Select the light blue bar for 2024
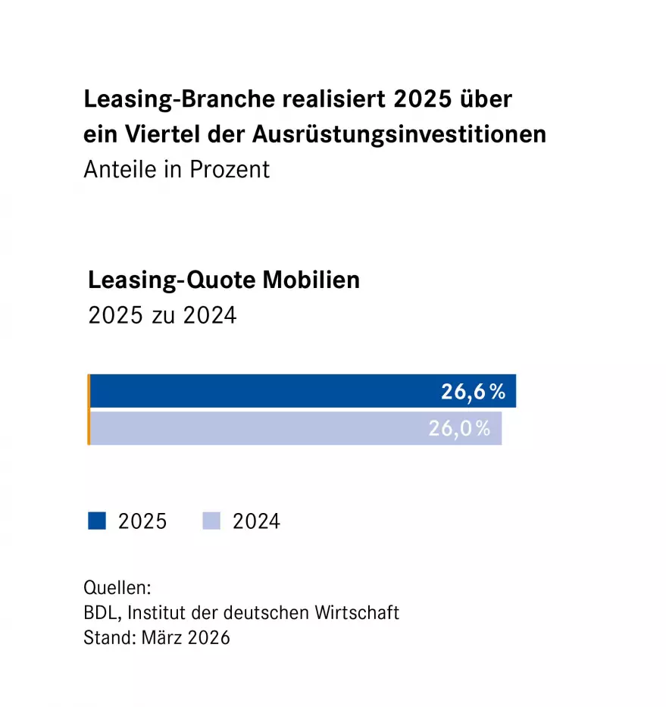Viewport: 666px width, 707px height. click(x=258, y=428)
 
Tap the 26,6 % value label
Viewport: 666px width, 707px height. click(x=473, y=392)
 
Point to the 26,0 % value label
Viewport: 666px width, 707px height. click(x=459, y=428)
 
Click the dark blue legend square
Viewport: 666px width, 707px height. click(x=96, y=521)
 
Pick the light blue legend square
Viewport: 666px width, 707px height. click(x=211, y=521)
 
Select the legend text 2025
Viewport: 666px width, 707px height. click(x=142, y=522)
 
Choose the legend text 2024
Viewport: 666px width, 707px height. click(x=256, y=522)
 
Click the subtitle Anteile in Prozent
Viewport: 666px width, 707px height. click(x=177, y=168)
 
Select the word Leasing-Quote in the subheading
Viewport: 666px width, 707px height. click(x=171, y=280)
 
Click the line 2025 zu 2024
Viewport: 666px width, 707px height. click(x=162, y=314)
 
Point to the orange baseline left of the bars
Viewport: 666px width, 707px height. click(x=89, y=409)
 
